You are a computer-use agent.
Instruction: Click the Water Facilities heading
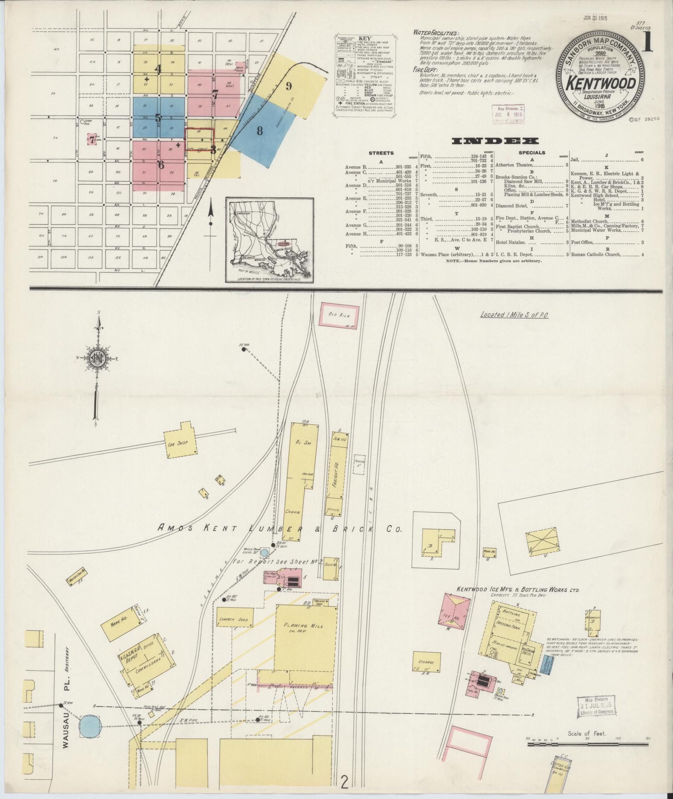tap(435, 33)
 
